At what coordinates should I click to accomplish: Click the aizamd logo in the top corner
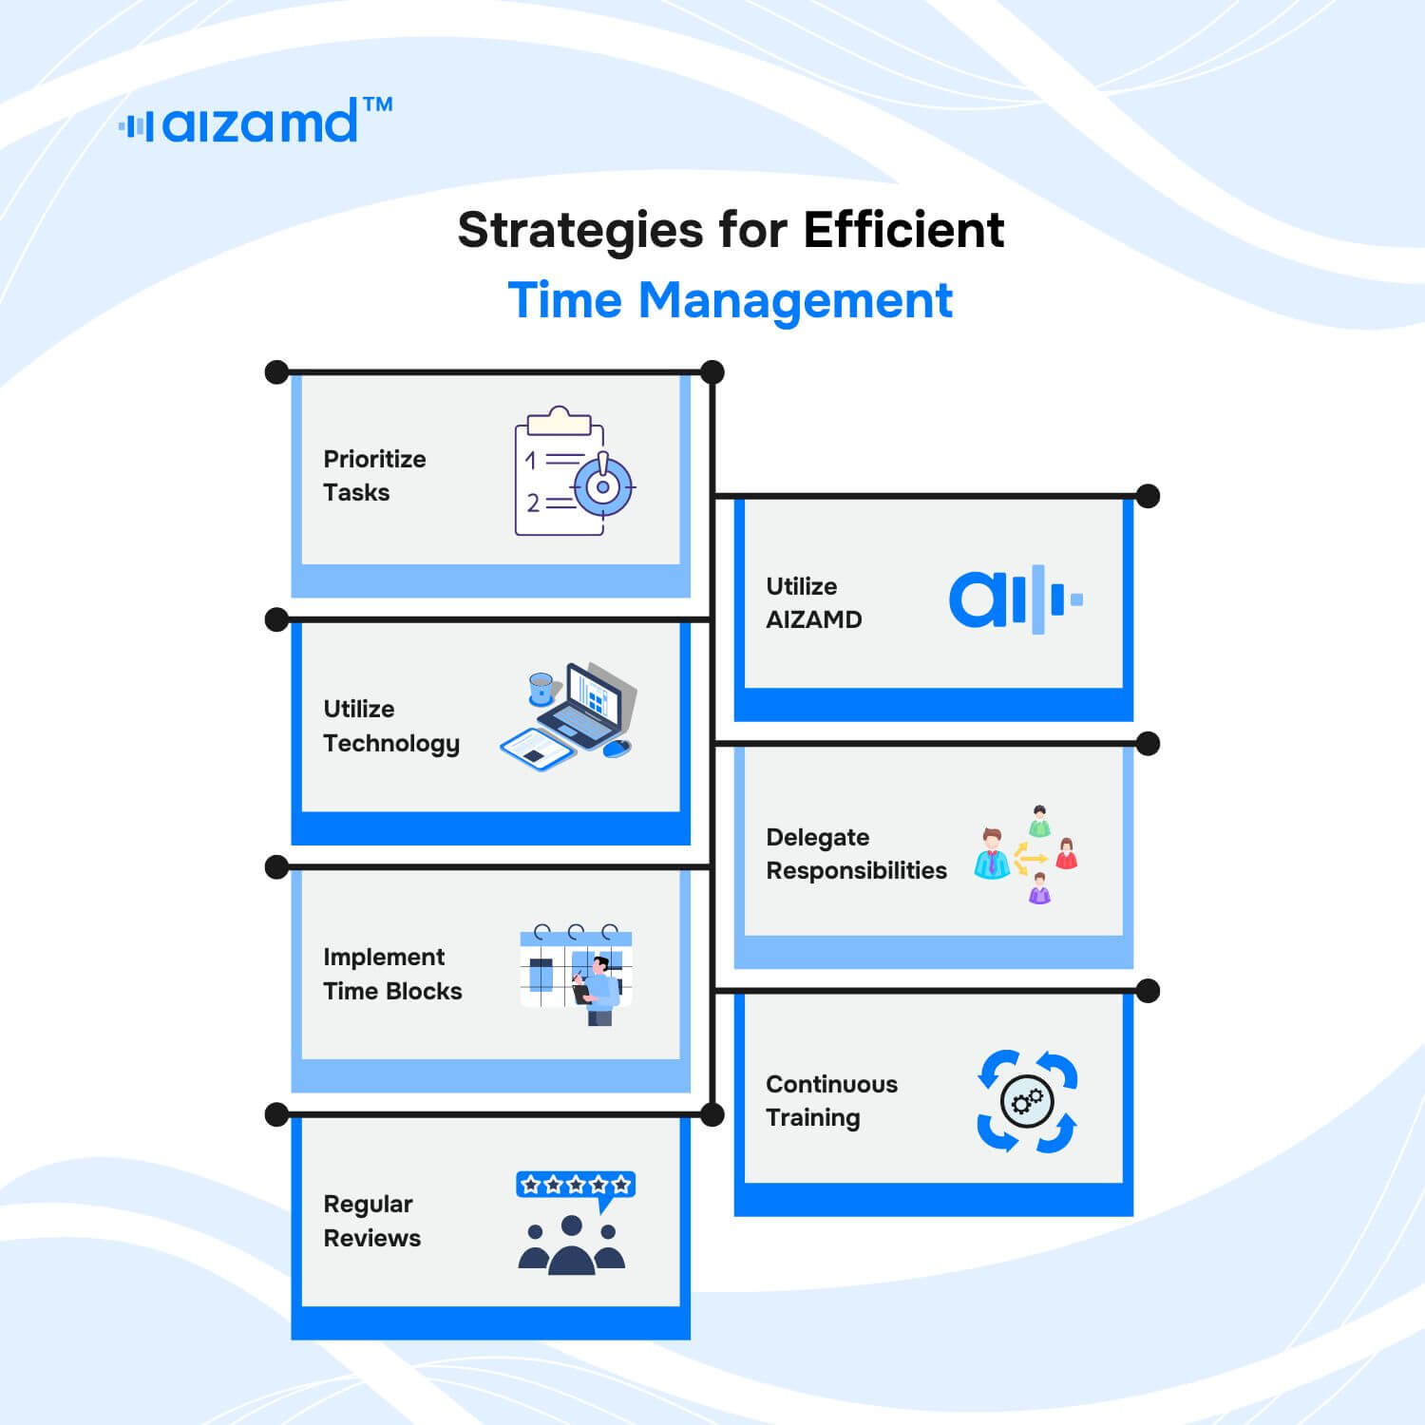255,121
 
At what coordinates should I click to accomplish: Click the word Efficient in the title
903,230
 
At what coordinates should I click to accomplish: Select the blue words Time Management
730,301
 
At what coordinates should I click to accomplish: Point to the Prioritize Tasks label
374,475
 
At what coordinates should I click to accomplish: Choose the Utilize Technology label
391,727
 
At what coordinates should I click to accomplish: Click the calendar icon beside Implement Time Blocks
576,975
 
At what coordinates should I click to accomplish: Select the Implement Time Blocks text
392,974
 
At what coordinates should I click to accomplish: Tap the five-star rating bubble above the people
576,1187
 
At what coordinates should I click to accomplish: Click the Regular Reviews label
371,1221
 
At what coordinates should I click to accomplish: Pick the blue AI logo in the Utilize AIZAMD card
1016,599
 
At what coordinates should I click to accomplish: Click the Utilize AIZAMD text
813,602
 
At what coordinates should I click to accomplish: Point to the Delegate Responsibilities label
856,853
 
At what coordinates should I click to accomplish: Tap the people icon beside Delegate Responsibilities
1025,854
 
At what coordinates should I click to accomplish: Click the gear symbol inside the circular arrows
1027,1102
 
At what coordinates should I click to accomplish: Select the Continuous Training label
831,1101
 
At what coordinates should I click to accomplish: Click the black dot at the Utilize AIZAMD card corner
1148,496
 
